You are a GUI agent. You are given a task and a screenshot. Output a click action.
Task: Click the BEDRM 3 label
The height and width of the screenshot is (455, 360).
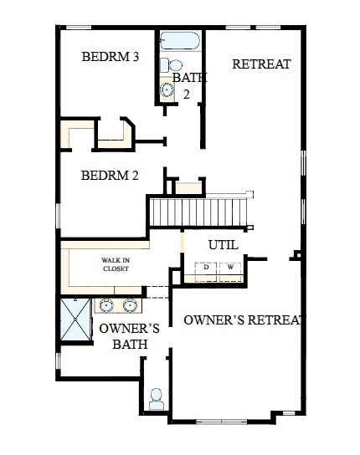tap(110, 58)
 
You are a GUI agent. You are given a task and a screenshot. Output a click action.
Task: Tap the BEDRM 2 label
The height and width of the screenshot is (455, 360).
tap(110, 176)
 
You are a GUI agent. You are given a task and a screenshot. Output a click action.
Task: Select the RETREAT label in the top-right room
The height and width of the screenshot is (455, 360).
tap(261, 64)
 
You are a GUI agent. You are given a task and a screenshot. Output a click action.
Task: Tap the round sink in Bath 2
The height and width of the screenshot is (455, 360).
tap(167, 91)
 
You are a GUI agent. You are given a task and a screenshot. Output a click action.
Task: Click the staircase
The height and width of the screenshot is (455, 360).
tap(200, 210)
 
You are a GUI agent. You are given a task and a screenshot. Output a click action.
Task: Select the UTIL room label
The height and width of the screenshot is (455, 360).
tap(223, 245)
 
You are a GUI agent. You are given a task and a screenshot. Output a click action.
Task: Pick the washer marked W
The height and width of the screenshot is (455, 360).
tap(231, 268)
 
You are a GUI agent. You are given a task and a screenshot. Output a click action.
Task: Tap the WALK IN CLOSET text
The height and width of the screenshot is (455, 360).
tap(116, 264)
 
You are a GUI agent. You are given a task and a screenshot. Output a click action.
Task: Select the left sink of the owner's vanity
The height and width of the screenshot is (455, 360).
tap(107, 305)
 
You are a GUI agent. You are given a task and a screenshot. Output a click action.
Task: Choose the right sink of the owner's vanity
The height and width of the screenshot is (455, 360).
tap(131, 305)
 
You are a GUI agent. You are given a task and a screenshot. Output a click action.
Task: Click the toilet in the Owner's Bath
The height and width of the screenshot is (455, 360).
tap(157, 399)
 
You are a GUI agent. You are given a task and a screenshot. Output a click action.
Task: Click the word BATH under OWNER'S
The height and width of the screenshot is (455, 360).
tap(130, 344)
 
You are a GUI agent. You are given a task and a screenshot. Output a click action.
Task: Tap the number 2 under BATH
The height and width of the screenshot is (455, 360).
tap(187, 94)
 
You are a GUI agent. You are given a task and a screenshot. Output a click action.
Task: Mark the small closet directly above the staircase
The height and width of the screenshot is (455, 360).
tap(188, 187)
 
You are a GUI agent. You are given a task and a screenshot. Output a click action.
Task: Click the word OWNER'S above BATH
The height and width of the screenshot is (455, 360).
tap(129, 329)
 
